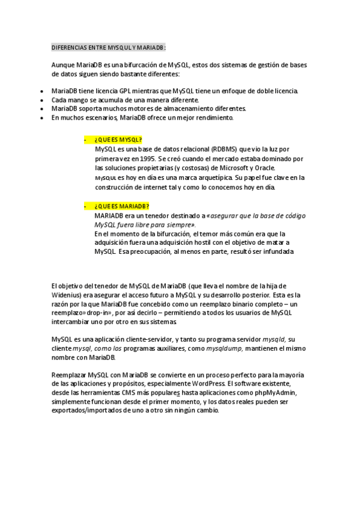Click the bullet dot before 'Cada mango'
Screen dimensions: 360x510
click(41, 100)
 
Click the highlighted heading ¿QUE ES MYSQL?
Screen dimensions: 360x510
click(118, 139)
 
